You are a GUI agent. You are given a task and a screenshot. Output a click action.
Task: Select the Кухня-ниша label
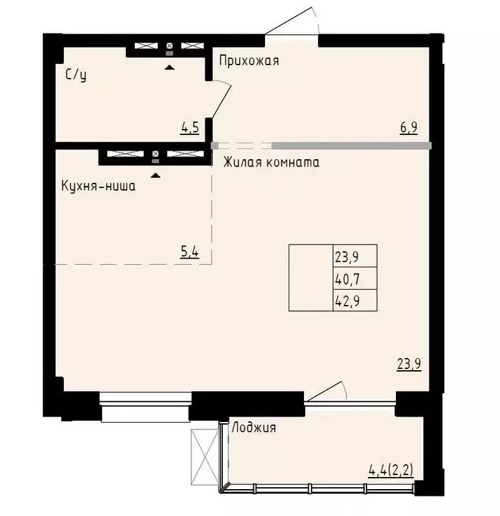[x=98, y=186]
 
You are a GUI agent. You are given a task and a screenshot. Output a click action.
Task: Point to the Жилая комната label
[x=271, y=163]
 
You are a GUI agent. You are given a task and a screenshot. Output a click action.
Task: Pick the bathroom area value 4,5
[x=190, y=127]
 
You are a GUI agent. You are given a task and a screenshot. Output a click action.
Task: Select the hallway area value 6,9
[x=409, y=127]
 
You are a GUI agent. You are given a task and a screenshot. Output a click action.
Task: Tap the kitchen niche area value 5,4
[x=190, y=253]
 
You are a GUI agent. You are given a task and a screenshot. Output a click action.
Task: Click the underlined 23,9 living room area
[x=409, y=365]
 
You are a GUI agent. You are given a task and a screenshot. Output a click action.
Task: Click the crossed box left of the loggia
[x=202, y=451]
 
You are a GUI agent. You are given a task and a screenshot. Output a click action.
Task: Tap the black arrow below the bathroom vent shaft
[x=168, y=67]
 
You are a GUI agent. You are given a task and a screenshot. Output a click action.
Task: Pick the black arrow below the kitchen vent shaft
[x=156, y=175]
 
